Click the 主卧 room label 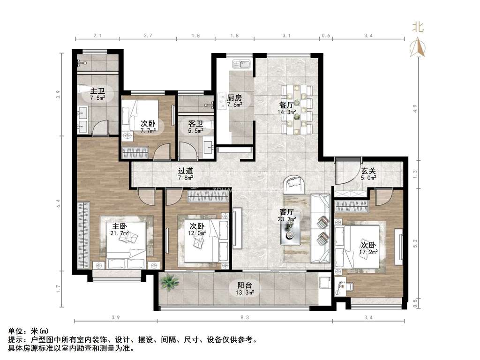pyautogui.click(x=120, y=226)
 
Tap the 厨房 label pyautogui.click(x=234, y=97)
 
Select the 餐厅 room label pyautogui.click(x=286, y=105)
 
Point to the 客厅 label pyautogui.click(x=287, y=212)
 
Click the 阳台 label pyautogui.click(x=245, y=285)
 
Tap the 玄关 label pyautogui.click(x=368, y=171)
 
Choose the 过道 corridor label pyautogui.click(x=186, y=171)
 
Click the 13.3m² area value pyautogui.click(x=245, y=292)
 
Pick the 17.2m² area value pyautogui.click(x=368, y=252)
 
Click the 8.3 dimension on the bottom pyautogui.click(x=245, y=317)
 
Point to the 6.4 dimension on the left pyautogui.click(x=58, y=203)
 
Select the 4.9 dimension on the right pyautogui.click(x=415, y=108)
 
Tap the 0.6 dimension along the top pyautogui.click(x=326, y=36)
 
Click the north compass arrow pyautogui.click(x=418, y=47)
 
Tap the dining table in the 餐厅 pyautogui.click(x=296, y=109)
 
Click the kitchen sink pyautogui.click(x=241, y=64)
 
